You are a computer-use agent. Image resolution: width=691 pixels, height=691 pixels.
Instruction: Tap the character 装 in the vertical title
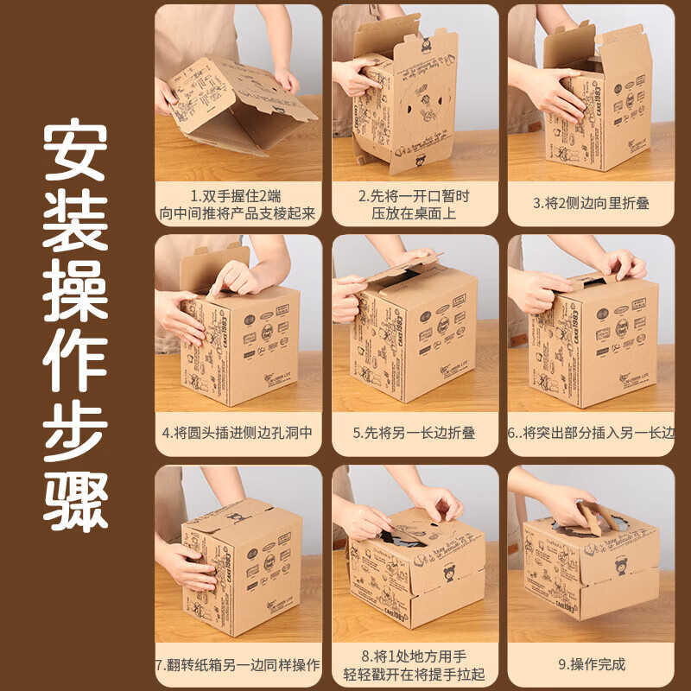[75, 222]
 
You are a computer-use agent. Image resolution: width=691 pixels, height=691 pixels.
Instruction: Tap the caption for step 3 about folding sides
[590, 205]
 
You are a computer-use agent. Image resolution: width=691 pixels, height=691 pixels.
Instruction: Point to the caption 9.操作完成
[590, 664]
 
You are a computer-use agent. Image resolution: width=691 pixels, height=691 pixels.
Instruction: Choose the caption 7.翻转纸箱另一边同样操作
[238, 666]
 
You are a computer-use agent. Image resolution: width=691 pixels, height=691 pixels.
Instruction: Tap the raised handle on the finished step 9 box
[599, 516]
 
